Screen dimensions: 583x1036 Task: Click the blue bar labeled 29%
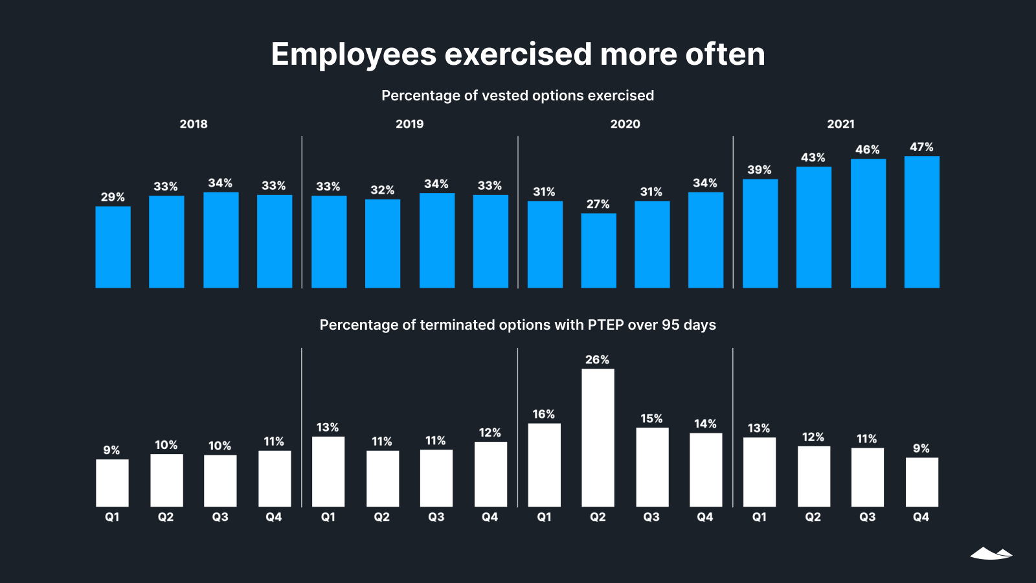113,247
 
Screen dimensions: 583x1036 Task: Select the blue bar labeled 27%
598,251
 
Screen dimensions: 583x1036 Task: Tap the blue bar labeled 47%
921,222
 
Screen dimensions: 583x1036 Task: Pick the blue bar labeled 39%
760,233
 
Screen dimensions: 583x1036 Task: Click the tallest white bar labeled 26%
598,438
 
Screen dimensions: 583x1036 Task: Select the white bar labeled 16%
544,465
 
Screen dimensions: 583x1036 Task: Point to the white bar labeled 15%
652,467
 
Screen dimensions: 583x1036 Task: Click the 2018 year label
194,124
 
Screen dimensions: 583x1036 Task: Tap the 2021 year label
840,124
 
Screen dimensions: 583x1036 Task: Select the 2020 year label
625,124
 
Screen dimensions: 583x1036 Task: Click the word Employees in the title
354,54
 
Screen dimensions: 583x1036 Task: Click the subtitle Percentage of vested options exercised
517,96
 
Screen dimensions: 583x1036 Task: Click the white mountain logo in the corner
991,553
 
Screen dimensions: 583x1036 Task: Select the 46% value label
867,150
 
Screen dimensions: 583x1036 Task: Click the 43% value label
813,157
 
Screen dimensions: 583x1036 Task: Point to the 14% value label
705,424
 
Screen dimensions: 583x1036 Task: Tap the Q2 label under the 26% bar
598,517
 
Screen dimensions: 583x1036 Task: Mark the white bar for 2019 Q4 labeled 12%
490,474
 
